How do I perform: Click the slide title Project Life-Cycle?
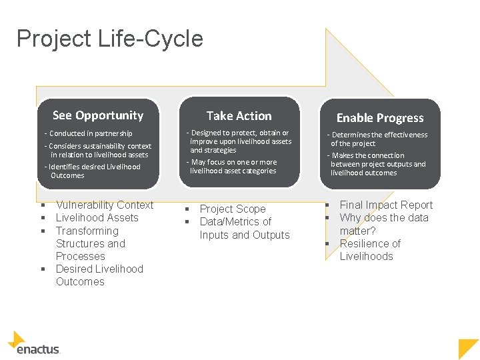[x=110, y=39]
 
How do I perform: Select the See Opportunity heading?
[x=98, y=115]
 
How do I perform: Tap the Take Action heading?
[x=239, y=116]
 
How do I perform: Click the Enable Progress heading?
[x=380, y=118]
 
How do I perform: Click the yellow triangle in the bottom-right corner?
[x=469, y=349]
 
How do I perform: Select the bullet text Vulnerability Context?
[x=105, y=205]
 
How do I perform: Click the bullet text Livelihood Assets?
[x=97, y=217]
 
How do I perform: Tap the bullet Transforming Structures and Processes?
[x=87, y=243]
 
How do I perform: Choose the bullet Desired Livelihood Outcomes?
[x=99, y=275]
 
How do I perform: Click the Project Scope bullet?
[x=233, y=209]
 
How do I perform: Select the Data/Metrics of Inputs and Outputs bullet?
[x=244, y=228]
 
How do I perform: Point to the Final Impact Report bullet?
[x=386, y=205]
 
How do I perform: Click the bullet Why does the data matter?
[x=383, y=224]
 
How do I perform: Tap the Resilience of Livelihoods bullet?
[x=370, y=249]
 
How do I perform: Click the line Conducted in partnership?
[x=91, y=133]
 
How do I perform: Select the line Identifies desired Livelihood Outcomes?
[x=94, y=171]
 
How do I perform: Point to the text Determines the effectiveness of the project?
[x=379, y=139]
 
